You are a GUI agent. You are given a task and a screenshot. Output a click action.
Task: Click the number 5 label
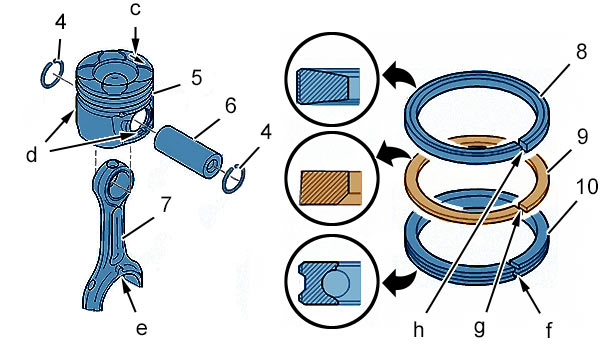click(197, 77)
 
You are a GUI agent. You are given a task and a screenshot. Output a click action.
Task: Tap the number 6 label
click(231, 105)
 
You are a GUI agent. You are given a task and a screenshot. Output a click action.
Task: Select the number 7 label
click(166, 204)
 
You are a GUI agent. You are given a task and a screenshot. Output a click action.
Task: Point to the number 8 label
click(581, 51)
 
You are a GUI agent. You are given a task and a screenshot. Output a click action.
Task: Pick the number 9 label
click(582, 137)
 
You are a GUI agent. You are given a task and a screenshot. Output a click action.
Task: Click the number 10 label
click(587, 187)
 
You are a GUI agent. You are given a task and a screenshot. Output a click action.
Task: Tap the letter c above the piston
click(136, 10)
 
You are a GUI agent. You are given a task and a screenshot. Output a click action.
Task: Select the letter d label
click(31, 154)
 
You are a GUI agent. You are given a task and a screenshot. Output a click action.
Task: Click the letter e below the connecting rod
click(141, 328)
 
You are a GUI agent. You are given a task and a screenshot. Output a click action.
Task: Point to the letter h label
click(418, 329)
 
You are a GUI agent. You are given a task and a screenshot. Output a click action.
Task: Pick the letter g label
click(479, 328)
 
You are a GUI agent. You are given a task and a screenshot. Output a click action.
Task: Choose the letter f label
click(549, 330)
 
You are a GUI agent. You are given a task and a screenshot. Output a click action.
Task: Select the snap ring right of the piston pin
click(234, 179)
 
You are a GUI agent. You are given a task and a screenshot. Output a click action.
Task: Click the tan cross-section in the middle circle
click(324, 188)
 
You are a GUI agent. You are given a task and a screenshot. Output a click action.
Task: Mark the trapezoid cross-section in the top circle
click(322, 85)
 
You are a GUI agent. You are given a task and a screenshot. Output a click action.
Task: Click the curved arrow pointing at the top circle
click(398, 74)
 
